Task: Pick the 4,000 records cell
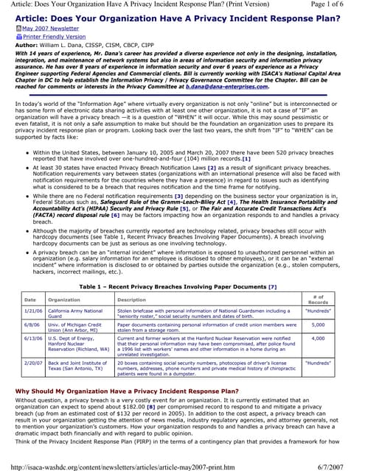click(318, 338)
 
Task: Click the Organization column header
click(64, 300)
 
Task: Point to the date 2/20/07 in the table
click(32, 364)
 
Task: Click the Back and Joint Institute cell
click(78, 367)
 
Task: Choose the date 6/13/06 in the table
click(32, 338)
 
